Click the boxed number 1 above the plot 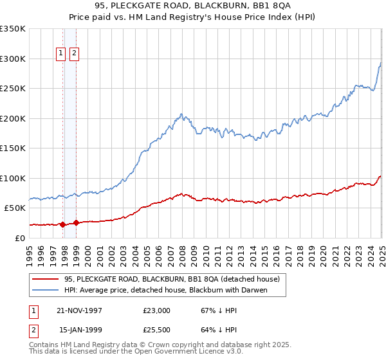(61, 53)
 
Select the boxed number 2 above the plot (74, 53)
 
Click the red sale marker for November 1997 (62, 224)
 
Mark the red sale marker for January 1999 (76, 223)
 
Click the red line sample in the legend (44, 280)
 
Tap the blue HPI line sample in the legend (44, 291)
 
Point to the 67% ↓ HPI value (216, 310)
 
